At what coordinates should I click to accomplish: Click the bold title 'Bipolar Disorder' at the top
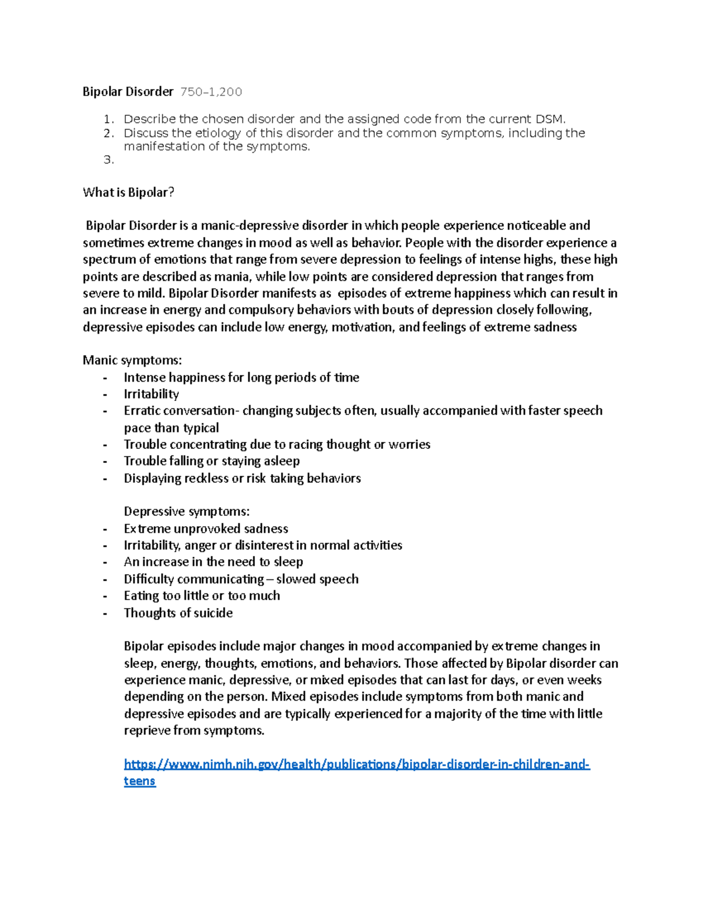click(x=128, y=91)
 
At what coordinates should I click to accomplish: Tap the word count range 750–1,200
click(x=211, y=92)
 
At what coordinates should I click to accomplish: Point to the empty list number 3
click(x=108, y=160)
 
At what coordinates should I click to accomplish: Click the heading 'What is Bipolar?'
click(x=128, y=193)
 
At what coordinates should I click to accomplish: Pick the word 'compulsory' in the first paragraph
click(x=257, y=310)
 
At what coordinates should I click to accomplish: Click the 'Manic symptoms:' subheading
click(x=132, y=360)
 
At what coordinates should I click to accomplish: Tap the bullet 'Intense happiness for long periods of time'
click(x=241, y=378)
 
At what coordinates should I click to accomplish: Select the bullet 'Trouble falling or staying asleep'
click(x=211, y=461)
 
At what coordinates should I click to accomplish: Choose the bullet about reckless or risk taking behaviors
click(x=242, y=478)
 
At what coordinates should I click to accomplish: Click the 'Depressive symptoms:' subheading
click(x=186, y=512)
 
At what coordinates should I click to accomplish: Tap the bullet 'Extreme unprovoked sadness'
click(x=206, y=529)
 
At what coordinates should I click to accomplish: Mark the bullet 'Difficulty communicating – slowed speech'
click(x=241, y=579)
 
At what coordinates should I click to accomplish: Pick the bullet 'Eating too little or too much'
click(x=202, y=596)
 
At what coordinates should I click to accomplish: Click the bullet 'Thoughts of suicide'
click(x=178, y=613)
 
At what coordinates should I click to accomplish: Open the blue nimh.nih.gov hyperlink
click(x=356, y=764)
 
